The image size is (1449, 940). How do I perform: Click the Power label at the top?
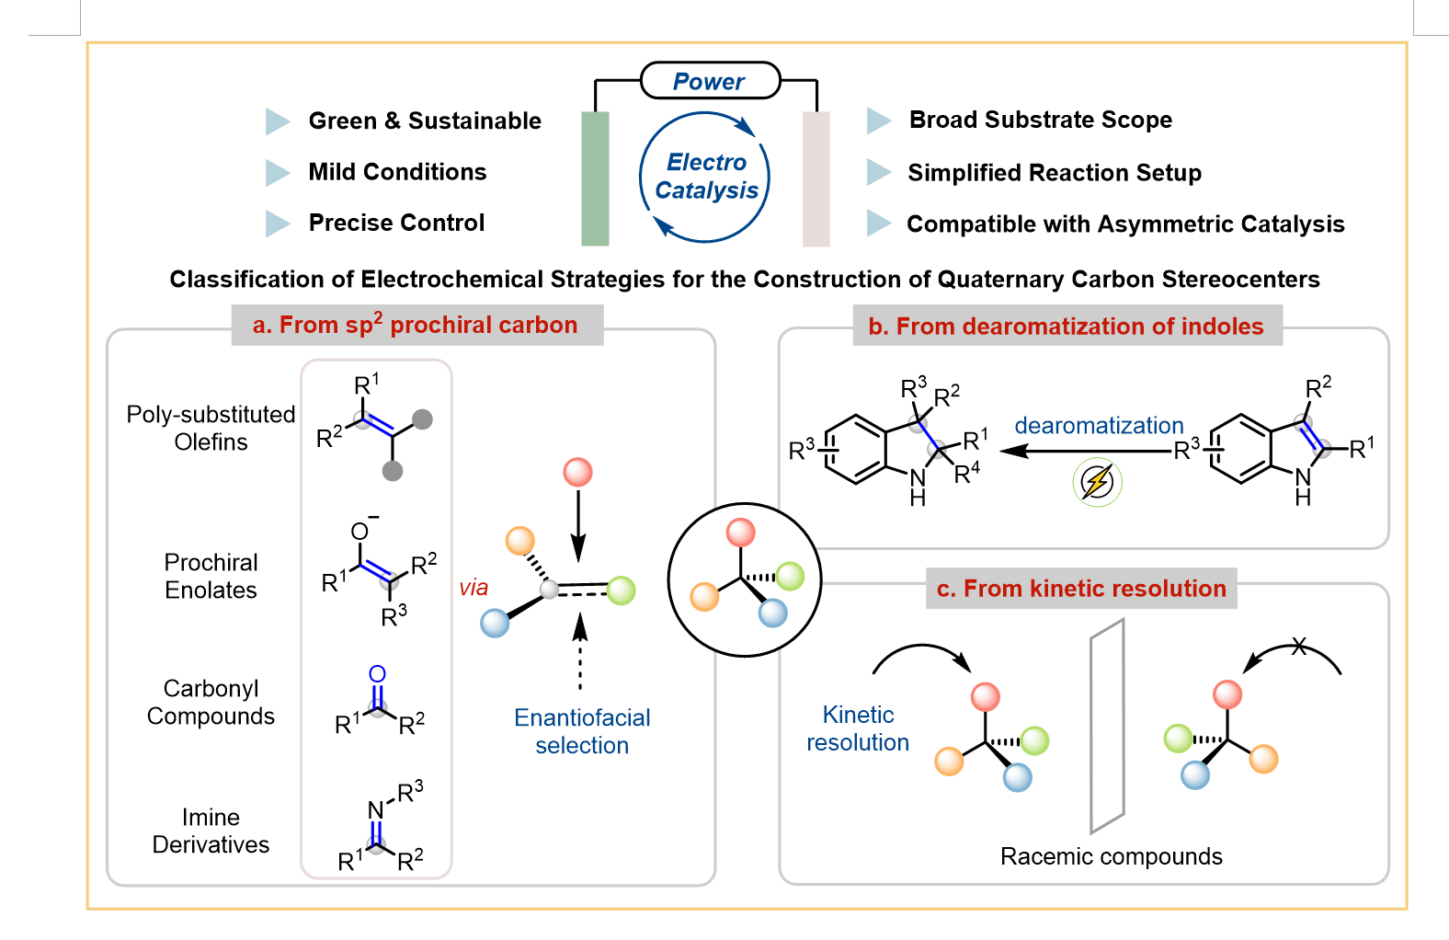coord(709,82)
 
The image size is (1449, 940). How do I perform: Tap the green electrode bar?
coord(595,178)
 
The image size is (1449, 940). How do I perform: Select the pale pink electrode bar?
coord(816,178)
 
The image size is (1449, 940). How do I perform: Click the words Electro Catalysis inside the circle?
coord(706,176)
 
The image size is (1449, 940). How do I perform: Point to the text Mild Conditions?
coord(397,172)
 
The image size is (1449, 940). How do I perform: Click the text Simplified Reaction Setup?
coord(1055,173)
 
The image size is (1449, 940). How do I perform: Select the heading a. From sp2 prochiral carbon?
coord(416,324)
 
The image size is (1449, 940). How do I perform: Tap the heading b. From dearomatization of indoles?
coord(1066,326)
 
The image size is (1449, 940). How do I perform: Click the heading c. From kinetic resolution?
coord(1081,588)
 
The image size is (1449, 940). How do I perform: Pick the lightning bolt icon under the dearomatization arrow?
coord(1097,482)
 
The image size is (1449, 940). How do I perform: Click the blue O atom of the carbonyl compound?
coord(377,674)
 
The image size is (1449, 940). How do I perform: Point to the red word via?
coord(473,588)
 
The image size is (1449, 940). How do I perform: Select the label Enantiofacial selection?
coord(582,732)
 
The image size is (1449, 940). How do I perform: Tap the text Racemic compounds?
coord(1112,856)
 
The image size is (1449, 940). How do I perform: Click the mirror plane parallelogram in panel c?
coord(1107,725)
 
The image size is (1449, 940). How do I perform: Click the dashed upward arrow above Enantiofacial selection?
coord(580,651)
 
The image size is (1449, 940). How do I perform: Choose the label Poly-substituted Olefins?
coord(211,428)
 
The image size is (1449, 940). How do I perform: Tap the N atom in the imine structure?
coord(375,810)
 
